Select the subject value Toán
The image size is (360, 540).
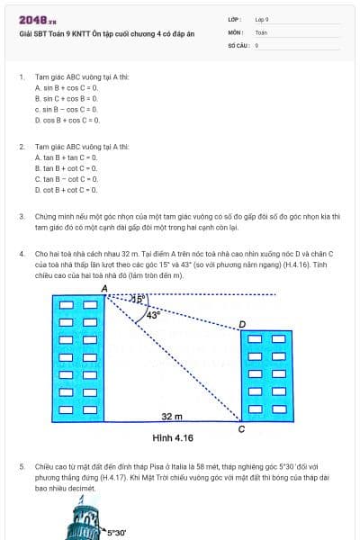[x=261, y=31]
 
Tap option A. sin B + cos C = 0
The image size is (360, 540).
[x=66, y=88]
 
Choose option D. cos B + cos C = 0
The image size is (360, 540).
[x=67, y=119]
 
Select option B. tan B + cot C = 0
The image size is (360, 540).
[x=65, y=168]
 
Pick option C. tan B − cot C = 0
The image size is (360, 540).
[x=65, y=179]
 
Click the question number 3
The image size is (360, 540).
[x=22, y=217]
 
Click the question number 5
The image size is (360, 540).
[x=22, y=467]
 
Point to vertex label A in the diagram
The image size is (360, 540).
[x=104, y=287]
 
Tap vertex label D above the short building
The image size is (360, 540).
[x=241, y=324]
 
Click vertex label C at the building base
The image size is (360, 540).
[x=241, y=428]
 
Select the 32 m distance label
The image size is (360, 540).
[x=172, y=417]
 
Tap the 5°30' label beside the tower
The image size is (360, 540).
[x=116, y=533]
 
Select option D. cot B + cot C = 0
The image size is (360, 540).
[x=65, y=190]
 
